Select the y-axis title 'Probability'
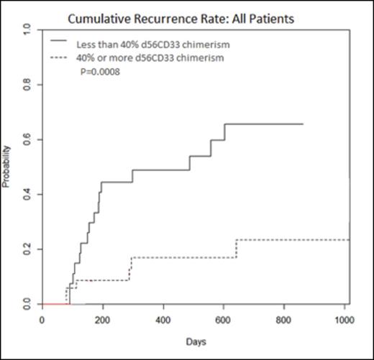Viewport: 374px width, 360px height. [x=6, y=166]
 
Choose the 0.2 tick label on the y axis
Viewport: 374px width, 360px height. [x=27, y=249]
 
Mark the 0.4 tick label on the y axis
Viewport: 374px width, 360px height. [x=27, y=194]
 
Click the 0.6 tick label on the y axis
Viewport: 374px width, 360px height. [x=27, y=139]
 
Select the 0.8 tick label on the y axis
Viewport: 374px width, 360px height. [x=27, y=85]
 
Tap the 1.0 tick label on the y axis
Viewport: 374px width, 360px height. [x=27, y=29]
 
